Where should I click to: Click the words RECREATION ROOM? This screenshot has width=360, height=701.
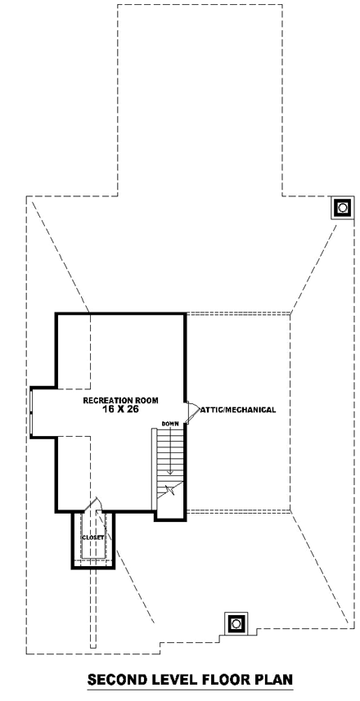[x=120, y=400]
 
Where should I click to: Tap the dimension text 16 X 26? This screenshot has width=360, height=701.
[x=119, y=410]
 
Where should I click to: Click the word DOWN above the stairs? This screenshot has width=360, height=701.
[x=170, y=423]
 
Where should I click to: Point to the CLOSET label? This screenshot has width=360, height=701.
[x=93, y=537]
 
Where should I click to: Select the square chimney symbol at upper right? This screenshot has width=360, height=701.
[x=341, y=208]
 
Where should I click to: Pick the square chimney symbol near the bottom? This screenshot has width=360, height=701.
[x=236, y=623]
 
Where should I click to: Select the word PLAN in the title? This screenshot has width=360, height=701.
[x=269, y=680]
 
